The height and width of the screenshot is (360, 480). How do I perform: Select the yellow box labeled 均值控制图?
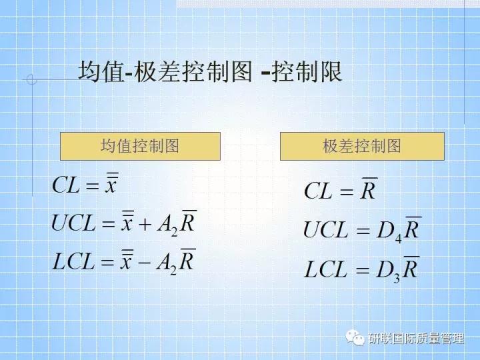point(140,146)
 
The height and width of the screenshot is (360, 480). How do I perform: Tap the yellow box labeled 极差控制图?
point(362,146)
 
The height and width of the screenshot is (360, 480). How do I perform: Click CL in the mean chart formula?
point(66,185)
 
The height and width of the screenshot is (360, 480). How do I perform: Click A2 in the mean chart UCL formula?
point(167,225)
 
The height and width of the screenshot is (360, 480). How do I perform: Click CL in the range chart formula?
point(318,191)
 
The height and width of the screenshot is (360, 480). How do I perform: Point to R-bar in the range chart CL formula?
point(369,190)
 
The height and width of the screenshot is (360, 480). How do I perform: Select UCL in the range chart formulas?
point(326,231)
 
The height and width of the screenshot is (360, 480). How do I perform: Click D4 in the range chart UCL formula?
point(389,232)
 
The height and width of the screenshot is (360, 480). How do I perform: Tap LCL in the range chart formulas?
point(326,269)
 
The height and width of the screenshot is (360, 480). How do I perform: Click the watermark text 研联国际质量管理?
point(416,339)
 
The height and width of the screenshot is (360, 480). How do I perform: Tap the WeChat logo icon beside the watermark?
point(354,338)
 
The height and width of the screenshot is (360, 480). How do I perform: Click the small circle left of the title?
point(31,80)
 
